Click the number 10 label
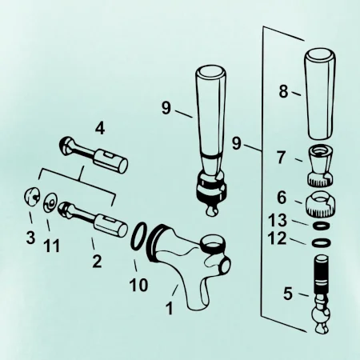tap(138, 285)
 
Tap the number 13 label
tap(278, 220)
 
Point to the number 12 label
tap(277, 238)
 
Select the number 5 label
tap(288, 294)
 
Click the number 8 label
tap(284, 91)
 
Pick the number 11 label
tap(51, 246)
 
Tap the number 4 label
tap(100, 129)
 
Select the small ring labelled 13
tap(321, 226)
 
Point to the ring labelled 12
tap(321, 242)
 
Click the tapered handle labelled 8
tap(319, 94)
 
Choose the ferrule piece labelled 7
tap(320, 166)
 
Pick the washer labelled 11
tap(50, 203)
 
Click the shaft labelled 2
tap(94, 219)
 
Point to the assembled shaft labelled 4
tap(94, 154)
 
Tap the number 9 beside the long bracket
tap(236, 143)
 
